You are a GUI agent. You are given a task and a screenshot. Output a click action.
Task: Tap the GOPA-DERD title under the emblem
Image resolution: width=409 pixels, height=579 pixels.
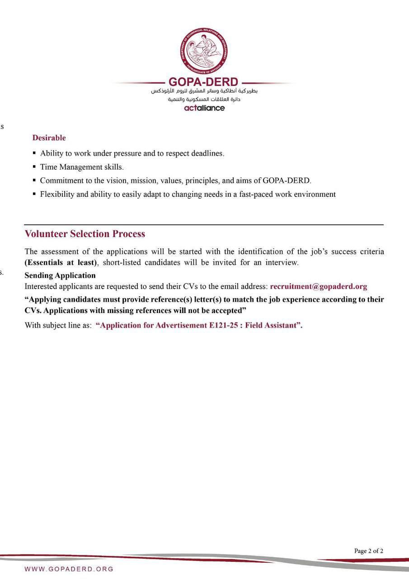[203, 82]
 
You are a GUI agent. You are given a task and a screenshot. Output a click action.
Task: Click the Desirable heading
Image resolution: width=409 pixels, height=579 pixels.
[49, 138]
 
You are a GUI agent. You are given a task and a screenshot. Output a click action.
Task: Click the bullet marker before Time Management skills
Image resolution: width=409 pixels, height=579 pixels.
[34, 167]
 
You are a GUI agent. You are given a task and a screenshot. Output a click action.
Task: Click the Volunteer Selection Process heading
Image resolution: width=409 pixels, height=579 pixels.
[85, 234]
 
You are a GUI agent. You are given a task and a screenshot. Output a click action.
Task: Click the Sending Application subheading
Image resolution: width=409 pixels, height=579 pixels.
[60, 275]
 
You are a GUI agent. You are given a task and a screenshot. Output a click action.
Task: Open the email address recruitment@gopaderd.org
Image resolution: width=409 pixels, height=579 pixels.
[318, 286]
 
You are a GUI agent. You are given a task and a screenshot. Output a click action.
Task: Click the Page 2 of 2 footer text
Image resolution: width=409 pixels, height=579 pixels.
[369, 551]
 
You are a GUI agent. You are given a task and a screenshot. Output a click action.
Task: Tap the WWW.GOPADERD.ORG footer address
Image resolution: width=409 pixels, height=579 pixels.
[69, 569]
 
